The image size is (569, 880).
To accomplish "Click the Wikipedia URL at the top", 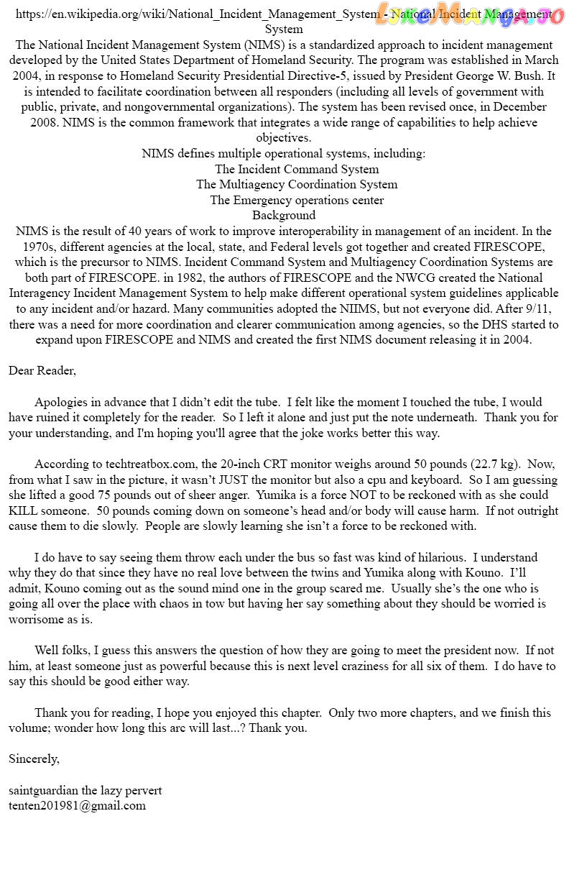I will click(198, 14).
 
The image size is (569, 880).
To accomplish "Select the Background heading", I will click(284, 215).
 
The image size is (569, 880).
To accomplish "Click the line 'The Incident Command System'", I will click(297, 169).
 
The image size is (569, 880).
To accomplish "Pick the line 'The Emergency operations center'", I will click(297, 200).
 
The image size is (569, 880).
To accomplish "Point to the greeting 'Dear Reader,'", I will click(42, 371).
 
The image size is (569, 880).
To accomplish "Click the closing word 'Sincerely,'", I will click(34, 758).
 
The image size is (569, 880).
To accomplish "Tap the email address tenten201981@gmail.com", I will click(77, 805).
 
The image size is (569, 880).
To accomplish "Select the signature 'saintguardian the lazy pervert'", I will click(85, 790).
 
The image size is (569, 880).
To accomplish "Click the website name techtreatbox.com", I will click(151, 464).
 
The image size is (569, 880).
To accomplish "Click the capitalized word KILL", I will click(23, 510).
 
